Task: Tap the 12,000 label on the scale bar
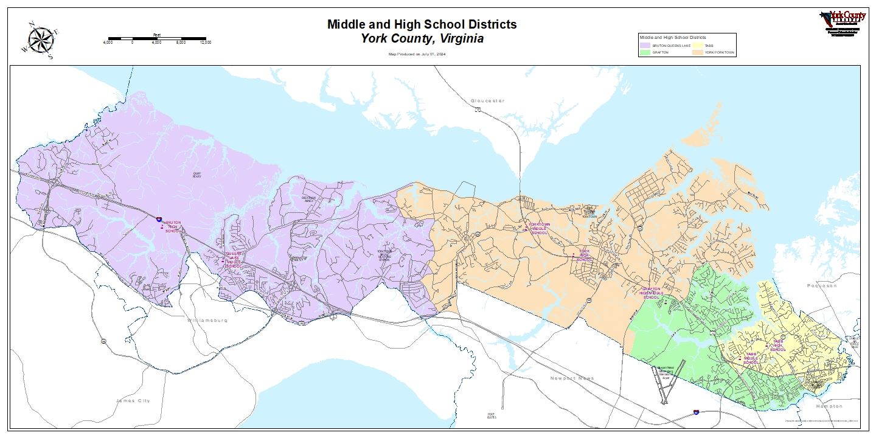(x=205, y=43)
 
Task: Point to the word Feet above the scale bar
(x=157, y=35)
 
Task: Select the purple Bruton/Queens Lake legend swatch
(x=645, y=46)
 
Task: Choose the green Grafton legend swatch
(x=645, y=53)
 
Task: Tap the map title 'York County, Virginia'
(x=422, y=39)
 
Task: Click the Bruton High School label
(x=172, y=227)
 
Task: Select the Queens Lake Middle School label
(x=234, y=260)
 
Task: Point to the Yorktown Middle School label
(x=540, y=228)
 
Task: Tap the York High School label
(x=584, y=255)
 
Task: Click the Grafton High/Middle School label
(x=650, y=293)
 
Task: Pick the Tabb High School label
(x=778, y=346)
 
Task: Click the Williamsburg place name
(x=207, y=320)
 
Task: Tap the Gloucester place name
(x=487, y=100)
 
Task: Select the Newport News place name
(x=572, y=378)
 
